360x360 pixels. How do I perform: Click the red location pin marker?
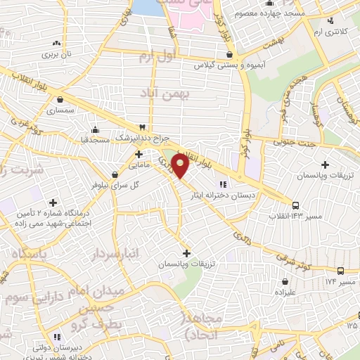[180, 167]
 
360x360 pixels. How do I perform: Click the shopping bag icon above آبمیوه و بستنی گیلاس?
[229, 54]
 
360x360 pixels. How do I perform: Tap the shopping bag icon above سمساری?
[61, 99]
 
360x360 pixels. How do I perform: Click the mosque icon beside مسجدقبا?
[96, 129]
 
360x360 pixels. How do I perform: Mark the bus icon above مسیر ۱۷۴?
[341, 271]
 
